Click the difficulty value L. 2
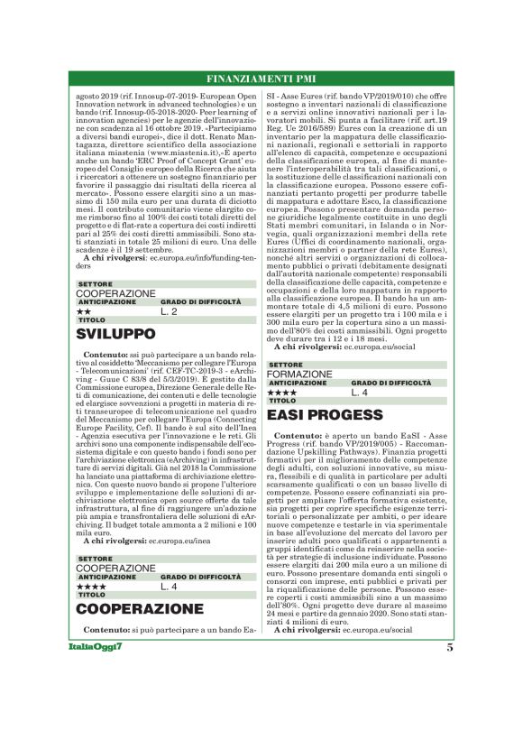click(169, 311)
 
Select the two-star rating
click(82, 311)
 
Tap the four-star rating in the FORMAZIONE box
click(282, 393)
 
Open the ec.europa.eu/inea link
click(180, 541)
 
